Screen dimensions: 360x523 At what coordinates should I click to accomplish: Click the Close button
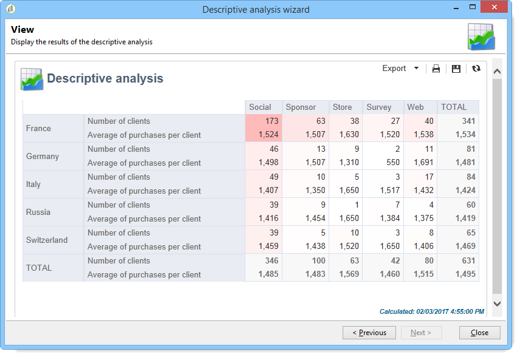click(479, 333)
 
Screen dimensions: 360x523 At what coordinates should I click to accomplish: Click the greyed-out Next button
click(421, 333)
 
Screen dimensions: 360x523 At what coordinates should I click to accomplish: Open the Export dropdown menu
click(400, 69)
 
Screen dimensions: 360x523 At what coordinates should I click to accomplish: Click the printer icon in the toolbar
click(436, 69)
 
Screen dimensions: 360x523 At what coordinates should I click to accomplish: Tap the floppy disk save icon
click(456, 69)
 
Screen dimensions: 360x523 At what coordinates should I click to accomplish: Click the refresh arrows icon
click(476, 69)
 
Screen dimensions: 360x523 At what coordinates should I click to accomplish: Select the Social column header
click(260, 107)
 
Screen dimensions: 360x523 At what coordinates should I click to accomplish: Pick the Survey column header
click(379, 107)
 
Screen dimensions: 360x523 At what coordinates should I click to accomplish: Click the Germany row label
click(43, 156)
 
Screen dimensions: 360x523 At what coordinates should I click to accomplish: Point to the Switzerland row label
click(47, 240)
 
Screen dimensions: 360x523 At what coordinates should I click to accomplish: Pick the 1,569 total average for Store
click(347, 274)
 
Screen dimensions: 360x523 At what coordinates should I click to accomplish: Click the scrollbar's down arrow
click(497, 304)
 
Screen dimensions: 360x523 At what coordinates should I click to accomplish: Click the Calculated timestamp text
click(431, 311)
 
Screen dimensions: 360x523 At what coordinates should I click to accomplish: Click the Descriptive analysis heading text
click(104, 78)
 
